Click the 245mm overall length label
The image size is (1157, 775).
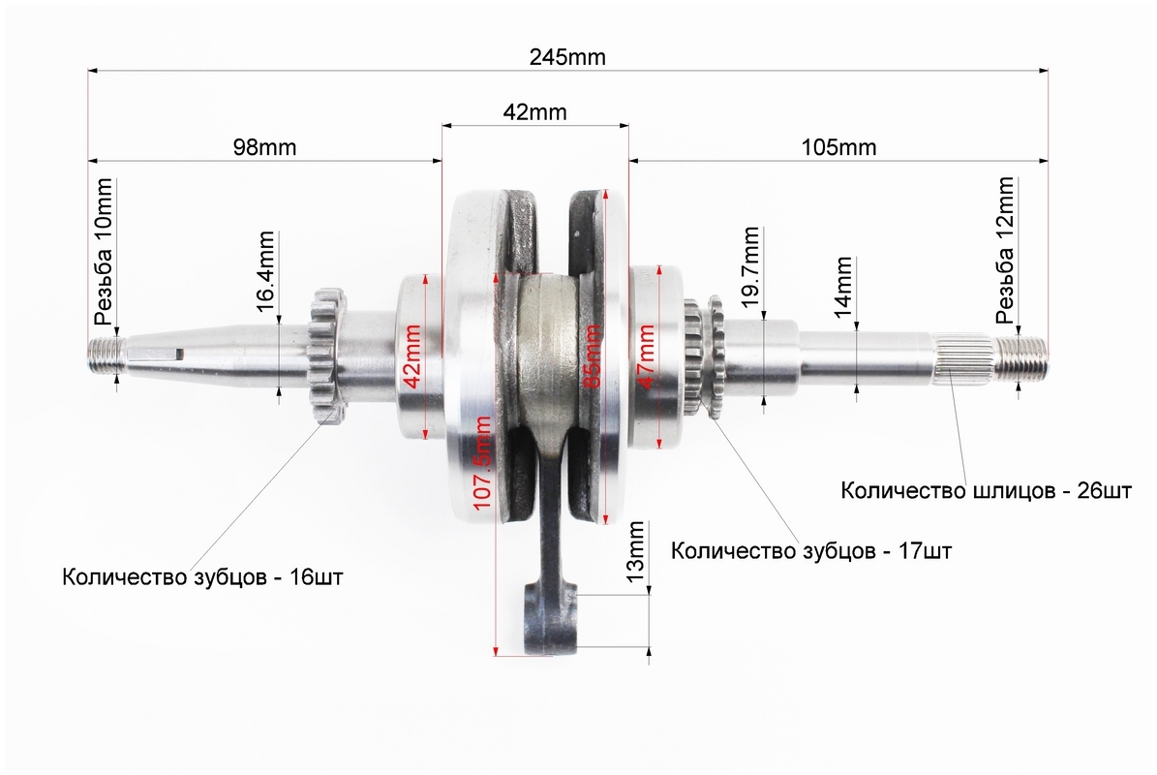click(567, 57)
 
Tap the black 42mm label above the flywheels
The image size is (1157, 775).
click(535, 112)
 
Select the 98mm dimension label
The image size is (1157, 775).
click(265, 147)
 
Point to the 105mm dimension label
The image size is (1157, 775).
click(839, 147)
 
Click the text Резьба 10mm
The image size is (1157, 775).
click(104, 252)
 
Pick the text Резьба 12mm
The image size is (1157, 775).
click(1005, 250)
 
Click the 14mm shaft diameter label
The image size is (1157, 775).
click(843, 287)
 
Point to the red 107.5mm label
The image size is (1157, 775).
click(482, 463)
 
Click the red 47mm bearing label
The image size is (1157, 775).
click(646, 356)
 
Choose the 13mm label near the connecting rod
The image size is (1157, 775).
click(635, 551)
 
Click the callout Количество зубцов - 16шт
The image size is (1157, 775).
click(203, 576)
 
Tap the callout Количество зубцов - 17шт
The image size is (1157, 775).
click(811, 550)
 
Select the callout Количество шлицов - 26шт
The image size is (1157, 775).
click(986, 490)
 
